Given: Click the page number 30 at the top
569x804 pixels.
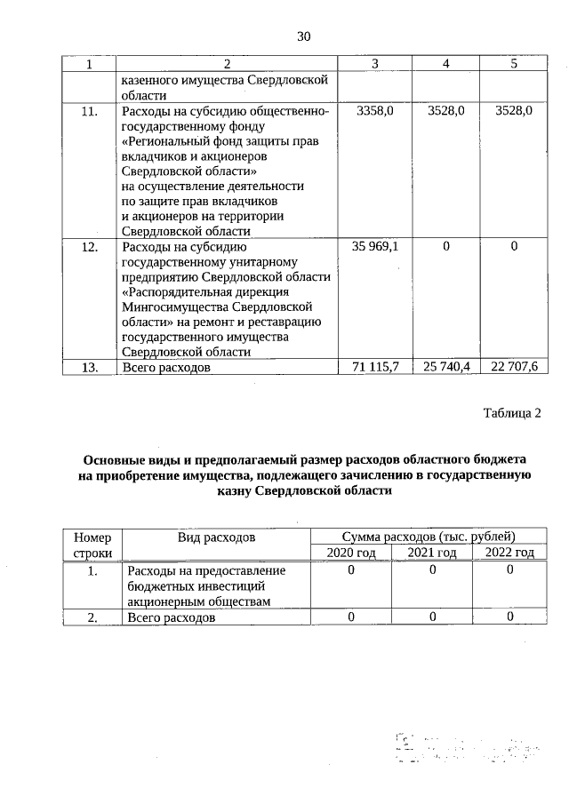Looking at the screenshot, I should click(x=303, y=36).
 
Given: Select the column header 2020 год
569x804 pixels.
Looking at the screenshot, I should click(x=351, y=553).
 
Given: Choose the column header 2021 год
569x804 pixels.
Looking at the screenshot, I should click(x=432, y=553).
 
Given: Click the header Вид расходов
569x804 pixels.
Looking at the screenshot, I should click(x=216, y=537).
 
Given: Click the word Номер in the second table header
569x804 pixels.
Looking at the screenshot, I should click(x=93, y=537).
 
